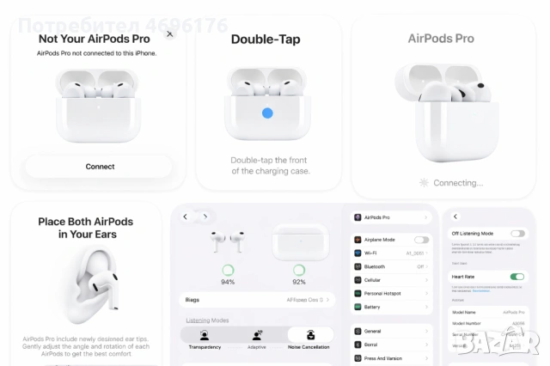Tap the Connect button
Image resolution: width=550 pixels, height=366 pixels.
point(100,167)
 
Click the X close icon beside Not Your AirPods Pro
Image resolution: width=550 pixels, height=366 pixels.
point(169,34)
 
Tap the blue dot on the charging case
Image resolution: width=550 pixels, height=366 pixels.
point(267,113)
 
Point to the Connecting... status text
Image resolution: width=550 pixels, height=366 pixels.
point(458,183)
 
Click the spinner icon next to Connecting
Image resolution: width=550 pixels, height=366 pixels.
point(423,183)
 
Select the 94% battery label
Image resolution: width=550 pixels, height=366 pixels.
point(228,282)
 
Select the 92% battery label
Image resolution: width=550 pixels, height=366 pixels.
point(299,282)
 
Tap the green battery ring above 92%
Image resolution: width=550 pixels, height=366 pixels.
point(299,270)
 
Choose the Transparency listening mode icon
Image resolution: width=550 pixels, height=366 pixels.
point(205,335)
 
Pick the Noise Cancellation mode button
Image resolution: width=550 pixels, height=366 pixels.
point(310,335)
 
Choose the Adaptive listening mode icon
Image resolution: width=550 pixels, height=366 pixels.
point(257,335)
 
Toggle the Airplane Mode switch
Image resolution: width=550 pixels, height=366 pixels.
point(421,240)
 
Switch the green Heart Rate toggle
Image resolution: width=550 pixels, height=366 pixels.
point(517,277)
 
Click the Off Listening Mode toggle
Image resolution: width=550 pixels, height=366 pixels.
point(517,233)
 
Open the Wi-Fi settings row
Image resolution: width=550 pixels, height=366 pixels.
point(391,253)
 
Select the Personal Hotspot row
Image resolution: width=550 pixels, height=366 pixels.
point(391,293)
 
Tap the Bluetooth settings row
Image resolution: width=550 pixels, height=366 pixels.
point(391,266)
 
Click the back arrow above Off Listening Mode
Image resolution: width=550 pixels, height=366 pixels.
point(455,217)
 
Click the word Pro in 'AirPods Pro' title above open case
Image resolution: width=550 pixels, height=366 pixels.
point(464,39)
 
